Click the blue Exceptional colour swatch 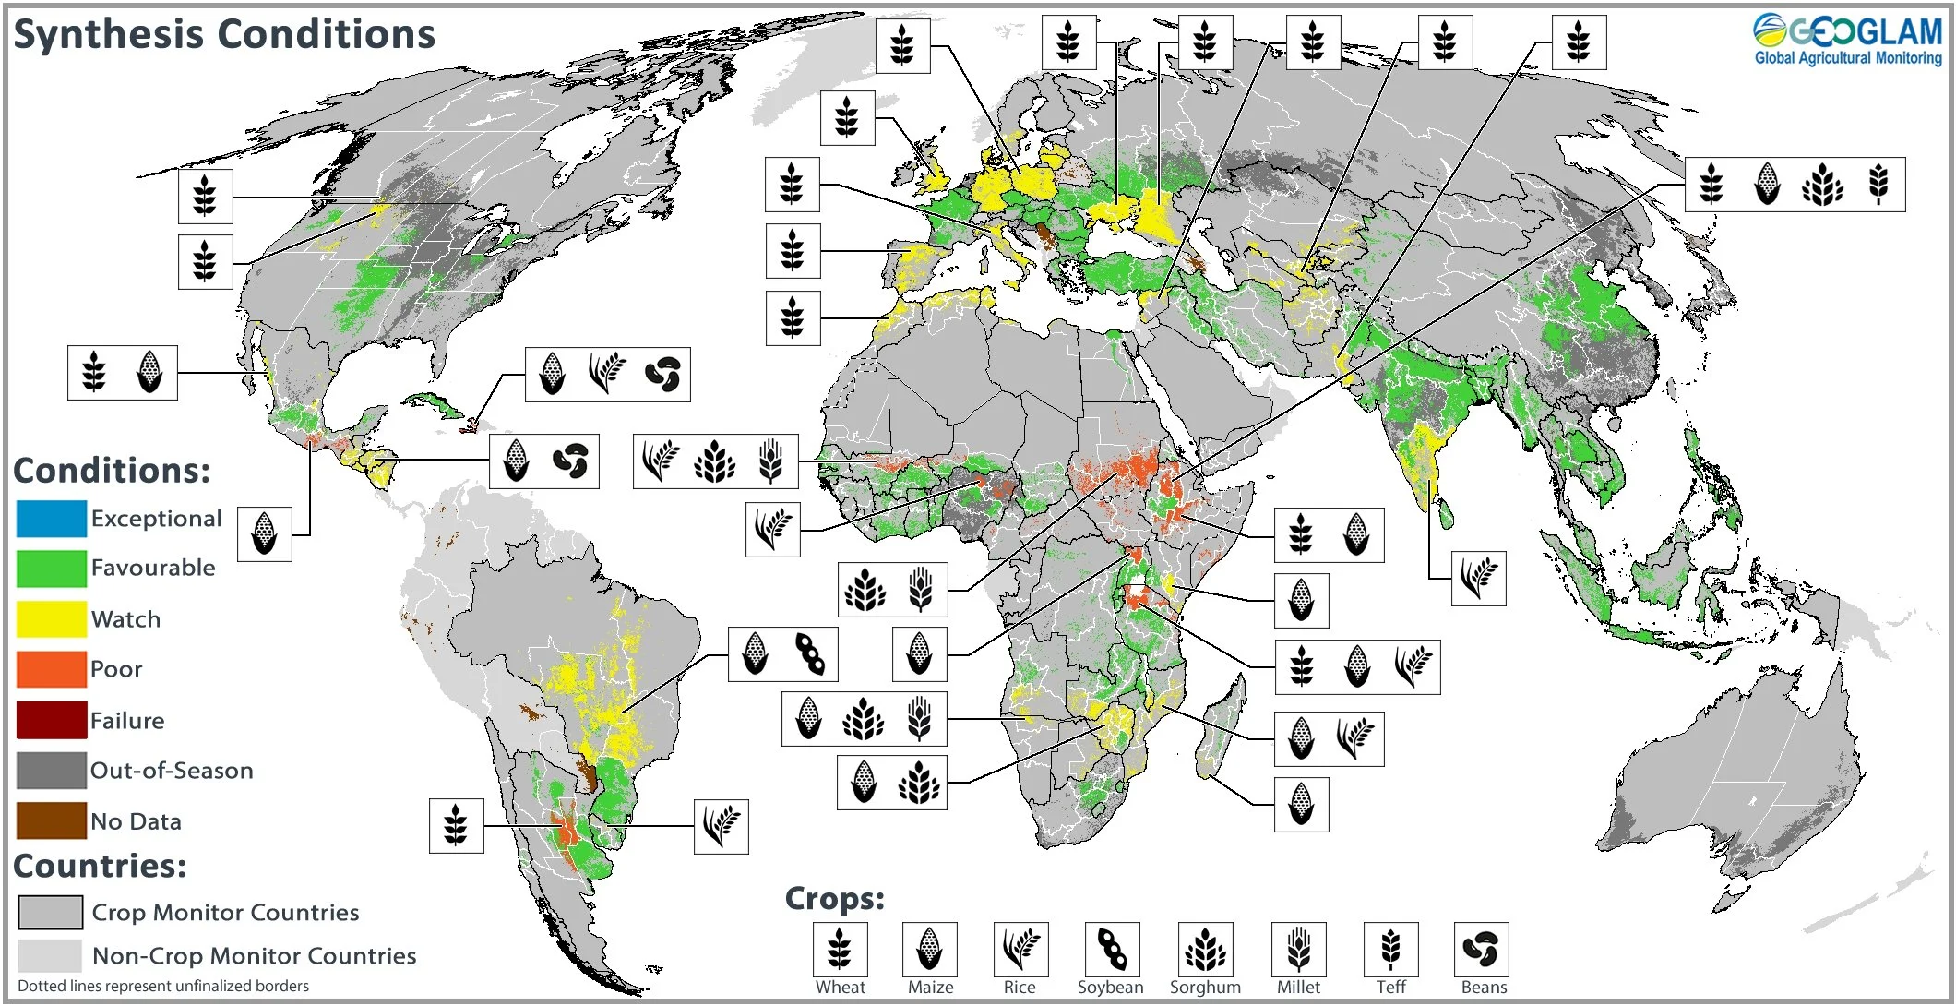click(x=52, y=519)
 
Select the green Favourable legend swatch click(x=52, y=569)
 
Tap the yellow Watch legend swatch click(x=52, y=619)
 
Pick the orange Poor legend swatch click(x=52, y=669)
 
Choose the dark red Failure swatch click(x=52, y=720)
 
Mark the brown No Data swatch click(x=52, y=820)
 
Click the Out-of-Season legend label click(x=172, y=771)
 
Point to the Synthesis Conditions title click(x=224, y=35)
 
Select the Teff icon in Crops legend click(x=1390, y=949)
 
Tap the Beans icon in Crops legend click(x=1481, y=949)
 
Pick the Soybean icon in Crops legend click(x=1112, y=949)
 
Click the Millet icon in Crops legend click(x=1298, y=949)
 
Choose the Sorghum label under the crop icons click(x=1205, y=988)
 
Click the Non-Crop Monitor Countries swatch click(x=50, y=956)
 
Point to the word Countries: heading click(x=100, y=866)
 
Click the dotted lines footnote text click(x=163, y=986)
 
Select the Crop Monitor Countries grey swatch click(x=51, y=913)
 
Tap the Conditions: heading click(x=112, y=471)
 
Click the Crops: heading click(x=834, y=899)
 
